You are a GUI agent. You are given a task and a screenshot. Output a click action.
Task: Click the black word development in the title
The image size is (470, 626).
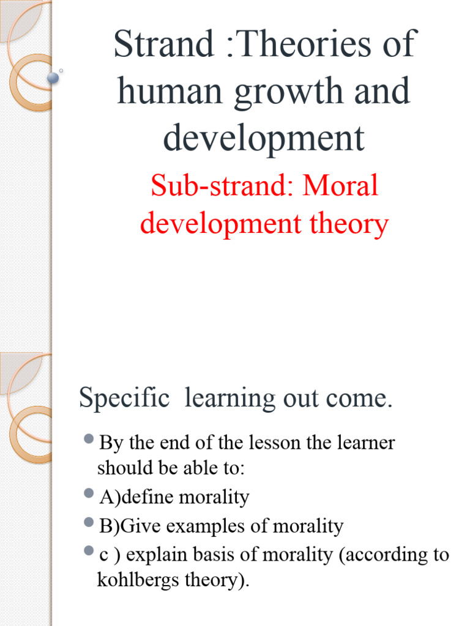264,139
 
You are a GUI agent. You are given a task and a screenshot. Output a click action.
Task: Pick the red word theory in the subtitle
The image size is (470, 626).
349,224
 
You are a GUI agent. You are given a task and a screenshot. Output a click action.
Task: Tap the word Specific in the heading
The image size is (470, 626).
124,399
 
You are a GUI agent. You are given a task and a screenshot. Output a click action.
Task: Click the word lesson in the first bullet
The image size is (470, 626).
275,443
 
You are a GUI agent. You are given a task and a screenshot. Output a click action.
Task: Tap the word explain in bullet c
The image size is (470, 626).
151,555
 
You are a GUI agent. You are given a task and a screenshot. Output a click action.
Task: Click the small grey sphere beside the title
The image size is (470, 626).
53,77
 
